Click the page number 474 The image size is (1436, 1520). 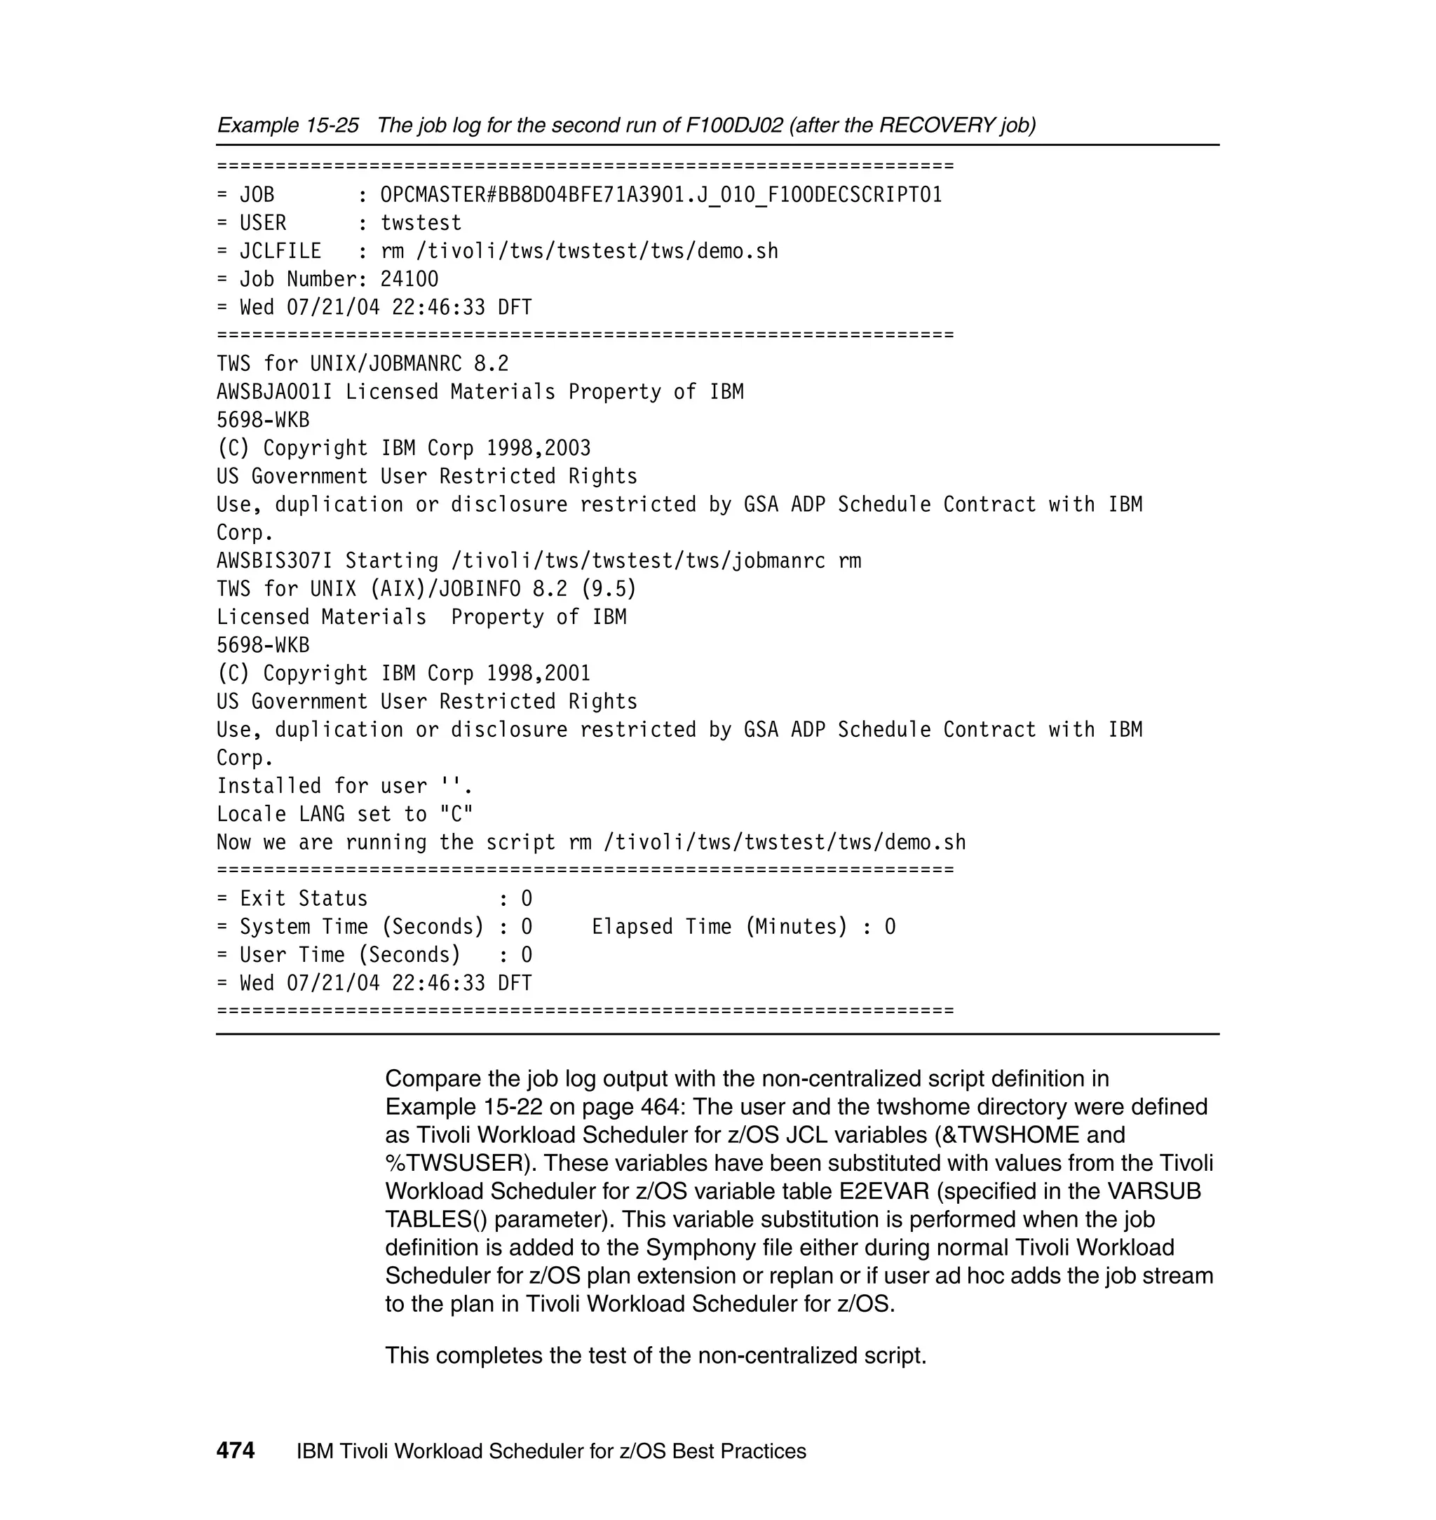pos(235,1451)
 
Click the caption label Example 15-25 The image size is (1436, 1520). pos(287,125)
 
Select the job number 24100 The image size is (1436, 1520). pos(409,279)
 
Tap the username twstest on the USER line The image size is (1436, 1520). pos(421,223)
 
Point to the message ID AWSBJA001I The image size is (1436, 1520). pos(274,392)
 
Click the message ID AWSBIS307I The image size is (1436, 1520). pos(274,561)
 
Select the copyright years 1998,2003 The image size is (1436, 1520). pos(538,449)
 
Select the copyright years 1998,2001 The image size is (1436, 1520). pos(538,674)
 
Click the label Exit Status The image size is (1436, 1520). pos(304,899)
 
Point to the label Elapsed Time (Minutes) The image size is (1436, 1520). pos(719,927)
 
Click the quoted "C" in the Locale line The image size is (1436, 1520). pos(456,815)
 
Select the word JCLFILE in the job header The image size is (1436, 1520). pos(280,251)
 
